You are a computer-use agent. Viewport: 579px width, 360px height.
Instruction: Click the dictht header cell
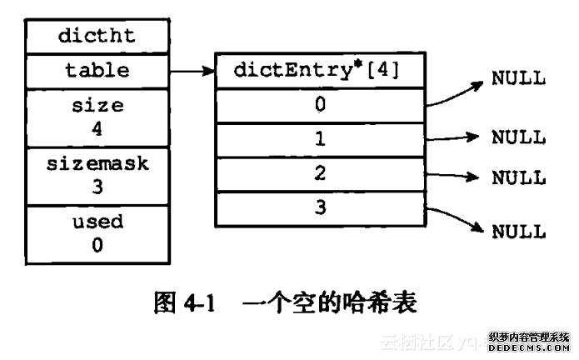pos(97,37)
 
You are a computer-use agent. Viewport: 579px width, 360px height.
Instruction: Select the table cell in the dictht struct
pos(97,71)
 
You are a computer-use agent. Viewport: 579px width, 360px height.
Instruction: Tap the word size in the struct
pos(97,107)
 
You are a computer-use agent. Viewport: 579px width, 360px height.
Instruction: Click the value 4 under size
pos(97,129)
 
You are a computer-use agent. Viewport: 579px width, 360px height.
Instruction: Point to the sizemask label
pos(97,163)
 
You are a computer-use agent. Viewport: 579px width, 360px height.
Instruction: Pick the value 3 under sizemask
pos(97,187)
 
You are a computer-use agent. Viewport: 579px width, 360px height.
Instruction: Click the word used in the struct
pos(97,222)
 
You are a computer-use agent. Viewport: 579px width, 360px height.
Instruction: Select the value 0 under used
pos(97,245)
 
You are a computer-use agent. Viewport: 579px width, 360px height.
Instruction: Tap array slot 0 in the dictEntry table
pos(321,106)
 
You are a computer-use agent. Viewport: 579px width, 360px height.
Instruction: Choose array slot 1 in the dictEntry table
pos(321,138)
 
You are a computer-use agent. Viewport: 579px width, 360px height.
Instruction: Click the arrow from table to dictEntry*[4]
pos(192,72)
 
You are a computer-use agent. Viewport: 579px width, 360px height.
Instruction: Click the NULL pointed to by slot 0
pos(518,79)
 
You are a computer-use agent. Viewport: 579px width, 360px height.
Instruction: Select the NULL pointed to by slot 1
pos(518,137)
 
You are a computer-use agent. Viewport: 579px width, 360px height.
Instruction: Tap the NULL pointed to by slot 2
pos(518,177)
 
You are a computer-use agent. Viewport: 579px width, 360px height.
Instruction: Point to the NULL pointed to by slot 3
pos(518,231)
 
